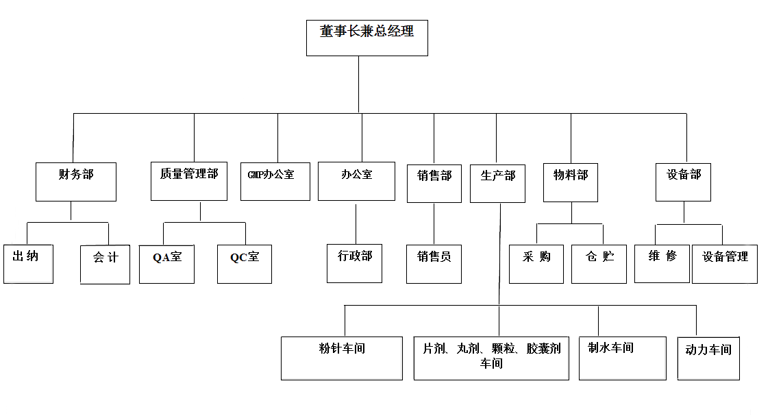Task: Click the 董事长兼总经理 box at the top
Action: point(367,38)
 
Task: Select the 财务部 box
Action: point(75,182)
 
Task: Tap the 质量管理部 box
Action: point(188,181)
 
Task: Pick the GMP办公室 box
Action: point(275,181)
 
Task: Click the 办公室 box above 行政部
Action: point(356,181)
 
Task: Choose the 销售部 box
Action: point(434,183)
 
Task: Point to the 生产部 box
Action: point(497,183)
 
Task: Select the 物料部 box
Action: point(571,182)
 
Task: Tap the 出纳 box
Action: point(28,263)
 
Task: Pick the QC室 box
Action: point(245,264)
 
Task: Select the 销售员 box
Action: point(434,264)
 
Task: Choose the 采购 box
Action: point(536,264)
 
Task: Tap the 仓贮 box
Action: point(599,264)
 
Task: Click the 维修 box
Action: point(662,263)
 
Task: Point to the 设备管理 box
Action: point(725,264)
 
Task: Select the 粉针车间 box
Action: point(341,358)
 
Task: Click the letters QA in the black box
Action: point(161,258)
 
